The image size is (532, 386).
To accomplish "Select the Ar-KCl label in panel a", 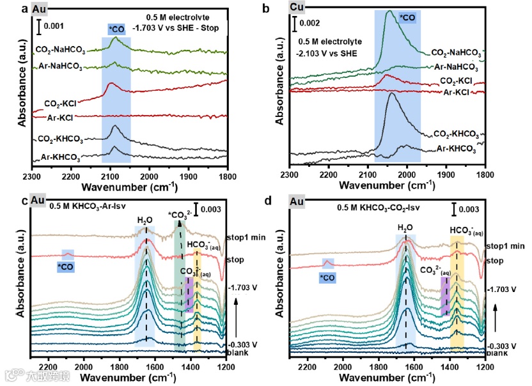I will tap(71, 118).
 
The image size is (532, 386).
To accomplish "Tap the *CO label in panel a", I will tap(117, 29).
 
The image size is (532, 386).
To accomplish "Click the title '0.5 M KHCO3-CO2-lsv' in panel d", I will tap(372, 208).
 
